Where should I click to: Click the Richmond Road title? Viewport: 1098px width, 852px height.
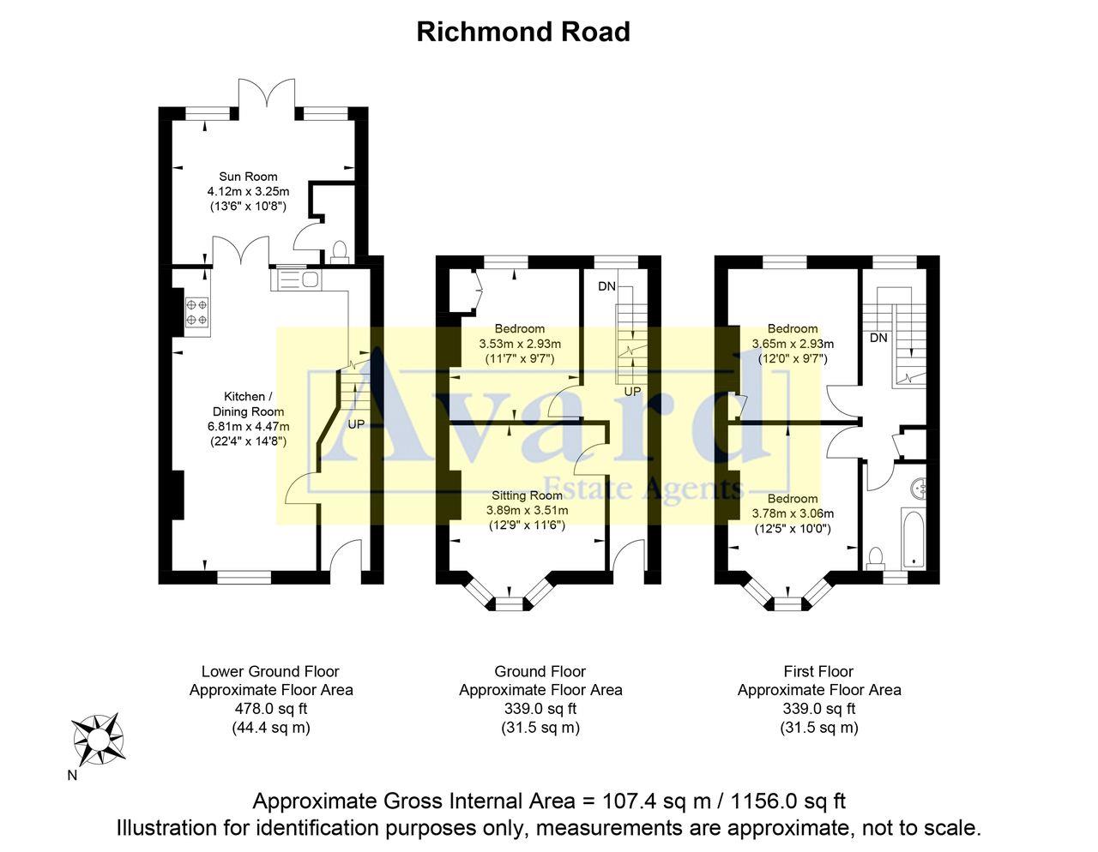click(523, 32)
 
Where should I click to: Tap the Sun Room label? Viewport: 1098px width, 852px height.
click(248, 177)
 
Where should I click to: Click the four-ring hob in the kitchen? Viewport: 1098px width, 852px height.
click(196, 312)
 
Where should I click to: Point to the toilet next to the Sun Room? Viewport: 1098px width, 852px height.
click(340, 251)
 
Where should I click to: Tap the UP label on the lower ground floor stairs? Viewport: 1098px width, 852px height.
click(356, 424)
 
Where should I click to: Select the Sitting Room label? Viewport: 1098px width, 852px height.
click(527, 495)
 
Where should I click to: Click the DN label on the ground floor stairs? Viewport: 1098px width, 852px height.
click(606, 286)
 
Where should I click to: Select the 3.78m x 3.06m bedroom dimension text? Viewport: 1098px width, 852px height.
click(793, 514)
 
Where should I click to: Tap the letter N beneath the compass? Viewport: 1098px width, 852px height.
click(72, 777)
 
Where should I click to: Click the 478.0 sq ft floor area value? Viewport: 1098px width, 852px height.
click(271, 709)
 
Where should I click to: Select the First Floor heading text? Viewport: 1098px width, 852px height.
click(818, 671)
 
